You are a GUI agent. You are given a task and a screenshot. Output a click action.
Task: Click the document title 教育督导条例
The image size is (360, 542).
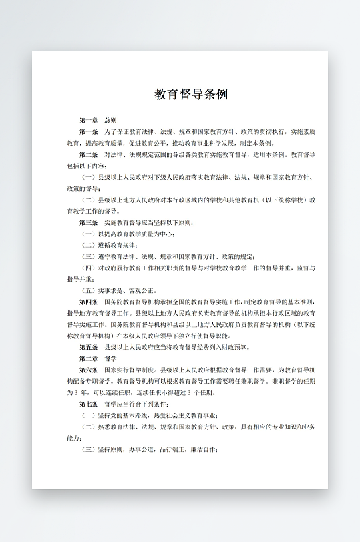[191, 94]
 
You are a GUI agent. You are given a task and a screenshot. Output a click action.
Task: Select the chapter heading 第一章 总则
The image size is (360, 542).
[98, 120]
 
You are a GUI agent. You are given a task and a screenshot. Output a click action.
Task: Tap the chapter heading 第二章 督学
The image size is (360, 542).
[98, 358]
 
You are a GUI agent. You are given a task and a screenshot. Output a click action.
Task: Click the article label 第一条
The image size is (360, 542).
[89, 131]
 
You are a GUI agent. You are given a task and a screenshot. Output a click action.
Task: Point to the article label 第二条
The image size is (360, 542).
[89, 154]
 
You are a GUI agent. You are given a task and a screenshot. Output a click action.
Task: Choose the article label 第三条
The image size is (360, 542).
[89, 222]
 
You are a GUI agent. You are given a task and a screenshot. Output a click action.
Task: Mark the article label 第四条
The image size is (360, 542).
[89, 302]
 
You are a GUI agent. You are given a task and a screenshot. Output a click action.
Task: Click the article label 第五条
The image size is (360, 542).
[89, 347]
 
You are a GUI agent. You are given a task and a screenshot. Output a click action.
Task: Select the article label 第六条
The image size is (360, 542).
[89, 370]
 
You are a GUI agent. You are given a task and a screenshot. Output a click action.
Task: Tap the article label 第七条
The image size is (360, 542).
[89, 404]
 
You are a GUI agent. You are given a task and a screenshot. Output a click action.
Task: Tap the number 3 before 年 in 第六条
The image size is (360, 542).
[79, 392]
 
